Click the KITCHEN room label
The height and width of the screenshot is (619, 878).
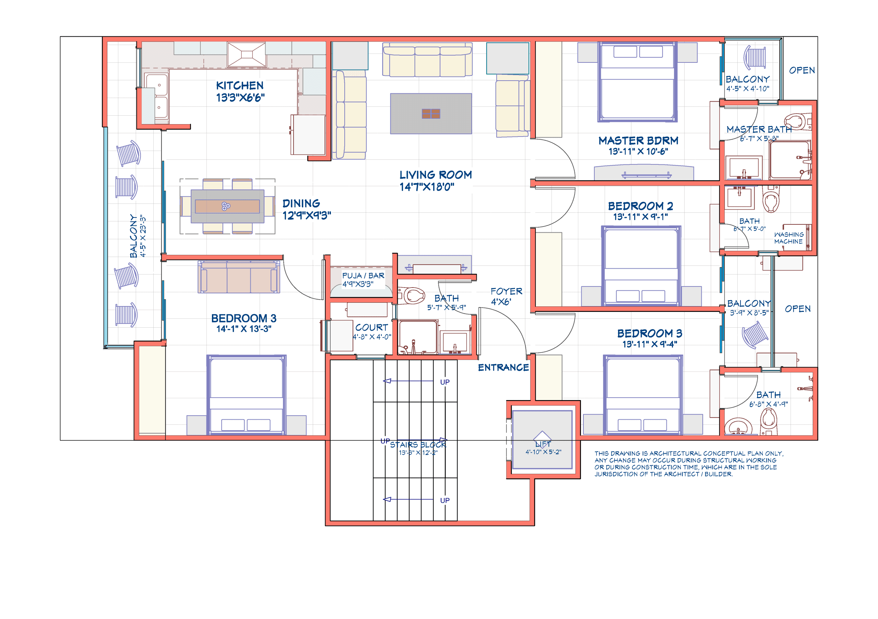coord(240,86)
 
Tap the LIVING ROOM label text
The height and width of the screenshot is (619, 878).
coord(435,175)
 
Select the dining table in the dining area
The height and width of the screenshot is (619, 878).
coord(227,207)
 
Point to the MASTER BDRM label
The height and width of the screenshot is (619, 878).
coord(638,141)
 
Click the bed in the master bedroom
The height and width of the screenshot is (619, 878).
coord(637,82)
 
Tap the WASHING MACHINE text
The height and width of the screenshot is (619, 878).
coord(788,238)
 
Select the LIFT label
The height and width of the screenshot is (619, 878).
coord(543,444)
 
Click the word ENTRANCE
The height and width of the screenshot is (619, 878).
coord(503,367)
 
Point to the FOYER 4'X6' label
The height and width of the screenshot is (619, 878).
coord(506,296)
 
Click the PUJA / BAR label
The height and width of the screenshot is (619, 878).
coord(363,276)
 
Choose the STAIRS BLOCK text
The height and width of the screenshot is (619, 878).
coord(418,445)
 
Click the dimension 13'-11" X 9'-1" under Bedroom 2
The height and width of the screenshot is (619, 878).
coord(640,217)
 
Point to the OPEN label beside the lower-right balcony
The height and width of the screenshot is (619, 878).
coord(797,309)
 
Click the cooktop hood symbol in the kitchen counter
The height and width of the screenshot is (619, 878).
coord(246,55)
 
